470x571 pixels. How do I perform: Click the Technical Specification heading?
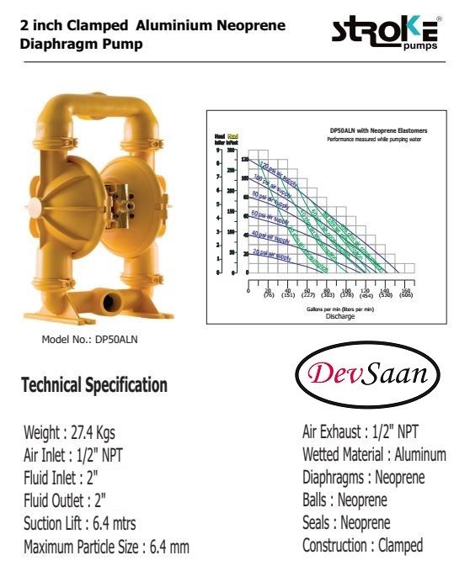pos(93,386)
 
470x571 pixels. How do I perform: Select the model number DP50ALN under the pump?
pos(89,340)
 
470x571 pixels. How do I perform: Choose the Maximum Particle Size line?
pos(106,547)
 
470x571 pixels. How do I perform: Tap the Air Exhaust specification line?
pos(361,433)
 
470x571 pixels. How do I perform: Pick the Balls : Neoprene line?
pos(344,500)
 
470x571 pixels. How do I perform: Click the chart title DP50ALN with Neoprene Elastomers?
pos(378,131)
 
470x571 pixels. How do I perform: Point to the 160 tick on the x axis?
pos(405,289)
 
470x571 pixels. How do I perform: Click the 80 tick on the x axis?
pos(327,289)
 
